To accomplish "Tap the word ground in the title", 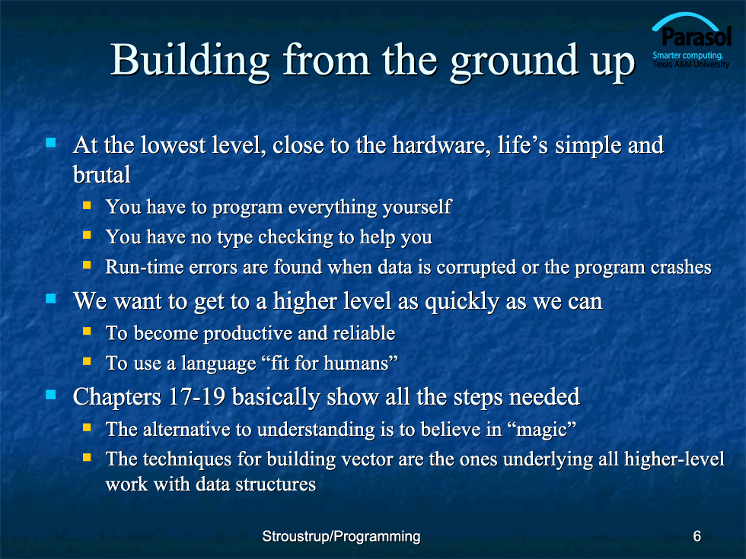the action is tap(515, 63).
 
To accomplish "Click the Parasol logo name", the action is tap(696, 37).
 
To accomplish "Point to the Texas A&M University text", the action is tap(691, 64).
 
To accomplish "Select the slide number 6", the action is tap(697, 536).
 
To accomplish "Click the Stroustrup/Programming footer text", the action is tap(341, 537).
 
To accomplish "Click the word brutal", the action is tap(102, 174).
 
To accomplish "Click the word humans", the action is tap(356, 364).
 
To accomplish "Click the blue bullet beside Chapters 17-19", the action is tap(51, 395).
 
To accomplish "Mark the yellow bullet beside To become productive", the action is tap(87, 331).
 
